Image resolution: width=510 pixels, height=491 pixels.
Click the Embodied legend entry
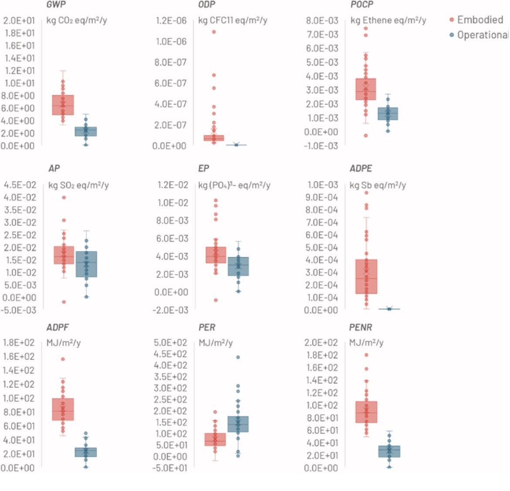pos(479,20)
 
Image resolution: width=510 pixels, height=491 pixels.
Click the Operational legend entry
pos(482,35)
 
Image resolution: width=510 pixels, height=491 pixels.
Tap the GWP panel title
pos(56,5)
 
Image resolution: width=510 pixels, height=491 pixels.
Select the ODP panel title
pos(206,5)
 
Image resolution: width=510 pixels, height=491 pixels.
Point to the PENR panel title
pos(361,327)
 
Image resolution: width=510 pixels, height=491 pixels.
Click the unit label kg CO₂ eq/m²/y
pos(77,20)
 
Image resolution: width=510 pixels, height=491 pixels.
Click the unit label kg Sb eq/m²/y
pos(377,185)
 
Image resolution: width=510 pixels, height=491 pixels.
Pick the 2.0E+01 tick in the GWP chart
pos(19,20)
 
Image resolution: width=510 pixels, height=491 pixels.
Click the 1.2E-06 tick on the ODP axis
pos(171,20)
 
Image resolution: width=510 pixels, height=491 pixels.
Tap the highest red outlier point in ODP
pos(214,32)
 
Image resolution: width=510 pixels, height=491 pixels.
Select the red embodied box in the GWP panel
pos(63,105)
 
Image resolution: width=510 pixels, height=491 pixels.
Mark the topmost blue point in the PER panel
pos(238,357)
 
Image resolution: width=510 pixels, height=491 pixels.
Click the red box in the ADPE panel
pos(366,276)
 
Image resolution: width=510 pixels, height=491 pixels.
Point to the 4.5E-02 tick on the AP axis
pos(20,185)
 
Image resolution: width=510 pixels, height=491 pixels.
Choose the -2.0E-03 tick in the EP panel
pos(170,310)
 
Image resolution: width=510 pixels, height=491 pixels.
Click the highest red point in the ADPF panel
pos(63,359)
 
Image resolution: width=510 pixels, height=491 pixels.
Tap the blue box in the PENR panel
pos(389,451)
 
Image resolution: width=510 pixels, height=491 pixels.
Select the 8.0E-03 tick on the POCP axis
pos(322,20)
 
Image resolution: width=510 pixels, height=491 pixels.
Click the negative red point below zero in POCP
pos(366,136)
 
